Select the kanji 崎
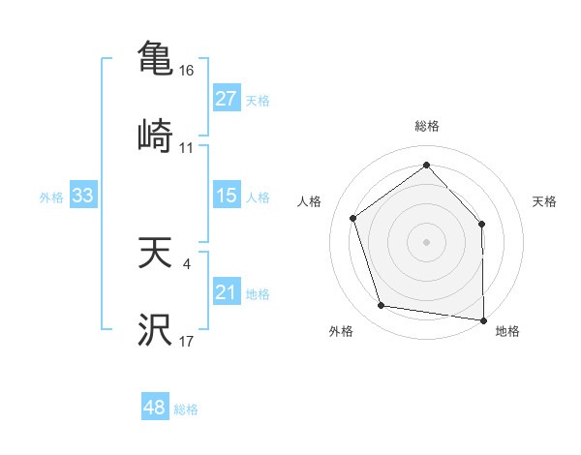155,136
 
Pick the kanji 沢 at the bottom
155,330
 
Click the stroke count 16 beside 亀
187,71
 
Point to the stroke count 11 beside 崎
187,148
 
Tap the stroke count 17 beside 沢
187,342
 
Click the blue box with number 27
226,99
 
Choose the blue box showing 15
226,196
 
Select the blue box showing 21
226,292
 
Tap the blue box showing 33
83,196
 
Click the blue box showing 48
155,408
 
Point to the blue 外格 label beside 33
51,197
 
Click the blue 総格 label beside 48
186,409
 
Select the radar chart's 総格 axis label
426,126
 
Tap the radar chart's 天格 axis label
545,201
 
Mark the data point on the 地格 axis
483,319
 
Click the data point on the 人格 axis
353,218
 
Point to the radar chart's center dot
426,241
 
